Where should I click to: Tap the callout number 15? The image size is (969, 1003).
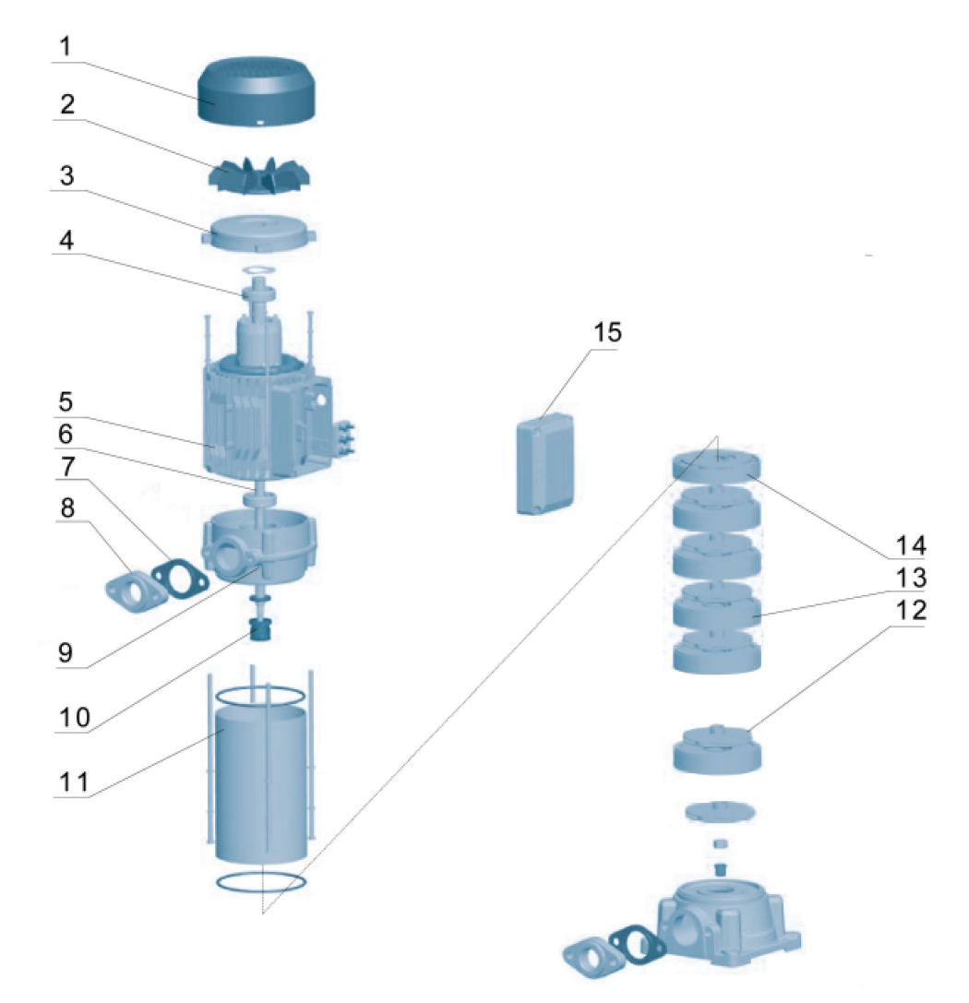point(607,332)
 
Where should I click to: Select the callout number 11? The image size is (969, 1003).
point(73,782)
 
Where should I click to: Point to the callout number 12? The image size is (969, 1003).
point(908,611)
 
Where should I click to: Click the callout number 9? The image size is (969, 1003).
point(65,652)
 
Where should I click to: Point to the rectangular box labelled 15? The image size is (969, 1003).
point(545,461)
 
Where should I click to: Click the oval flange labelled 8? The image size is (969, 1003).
point(134,591)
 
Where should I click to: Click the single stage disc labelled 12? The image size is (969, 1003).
point(717,748)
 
